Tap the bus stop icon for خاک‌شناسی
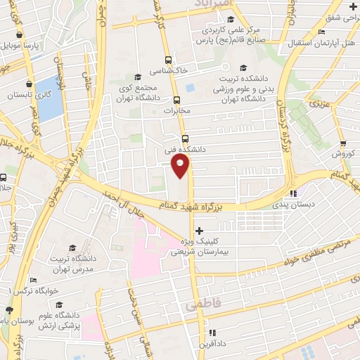(168, 60)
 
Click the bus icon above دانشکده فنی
(185, 138)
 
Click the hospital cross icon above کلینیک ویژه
(200, 231)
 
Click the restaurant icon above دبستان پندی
(294, 193)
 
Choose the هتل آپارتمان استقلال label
(320, 44)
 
